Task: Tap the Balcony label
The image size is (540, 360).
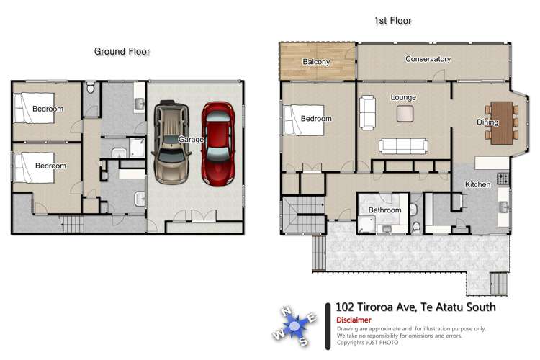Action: [x=316, y=62]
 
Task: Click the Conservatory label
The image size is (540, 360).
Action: [x=428, y=59]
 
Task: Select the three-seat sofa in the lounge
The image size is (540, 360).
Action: [x=404, y=146]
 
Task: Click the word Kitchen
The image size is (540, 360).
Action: [x=477, y=185]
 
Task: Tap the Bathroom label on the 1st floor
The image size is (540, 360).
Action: [x=384, y=210]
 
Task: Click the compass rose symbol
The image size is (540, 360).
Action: [x=296, y=324]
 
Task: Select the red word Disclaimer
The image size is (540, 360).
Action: [x=354, y=320]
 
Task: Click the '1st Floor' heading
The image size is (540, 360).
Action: [x=392, y=22]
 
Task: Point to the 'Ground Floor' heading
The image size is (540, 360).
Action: [x=122, y=51]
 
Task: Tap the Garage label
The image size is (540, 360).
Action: [x=191, y=139]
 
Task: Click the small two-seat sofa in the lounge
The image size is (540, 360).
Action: [x=367, y=112]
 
